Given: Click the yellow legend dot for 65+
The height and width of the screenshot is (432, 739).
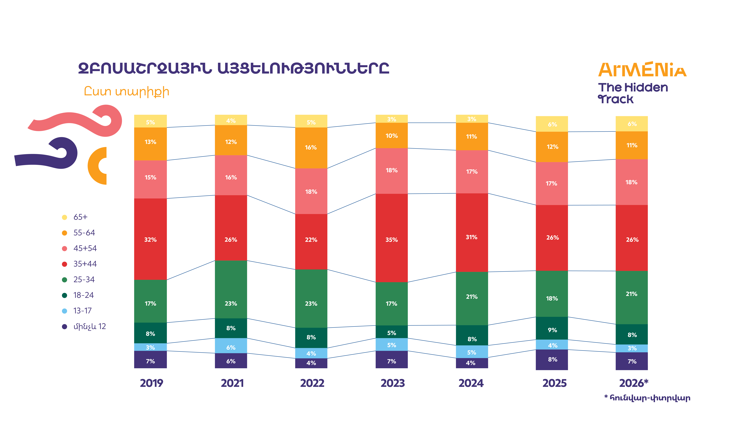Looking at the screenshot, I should coord(65,217).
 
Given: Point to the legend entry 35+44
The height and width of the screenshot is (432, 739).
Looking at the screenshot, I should coord(85,264).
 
